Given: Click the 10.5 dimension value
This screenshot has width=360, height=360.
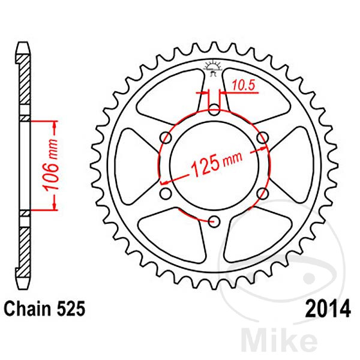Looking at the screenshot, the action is (x=244, y=85).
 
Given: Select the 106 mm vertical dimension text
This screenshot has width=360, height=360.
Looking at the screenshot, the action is (x=51, y=165).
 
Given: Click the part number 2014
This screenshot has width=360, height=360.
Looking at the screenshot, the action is (x=328, y=309).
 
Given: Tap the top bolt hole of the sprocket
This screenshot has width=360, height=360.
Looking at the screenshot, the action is (x=214, y=110).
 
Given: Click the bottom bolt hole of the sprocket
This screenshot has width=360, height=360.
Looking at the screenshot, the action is (x=214, y=221).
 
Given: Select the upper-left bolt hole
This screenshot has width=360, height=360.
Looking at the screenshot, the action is (x=166, y=138).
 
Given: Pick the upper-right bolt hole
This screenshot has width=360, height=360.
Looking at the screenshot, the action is (x=262, y=138).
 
